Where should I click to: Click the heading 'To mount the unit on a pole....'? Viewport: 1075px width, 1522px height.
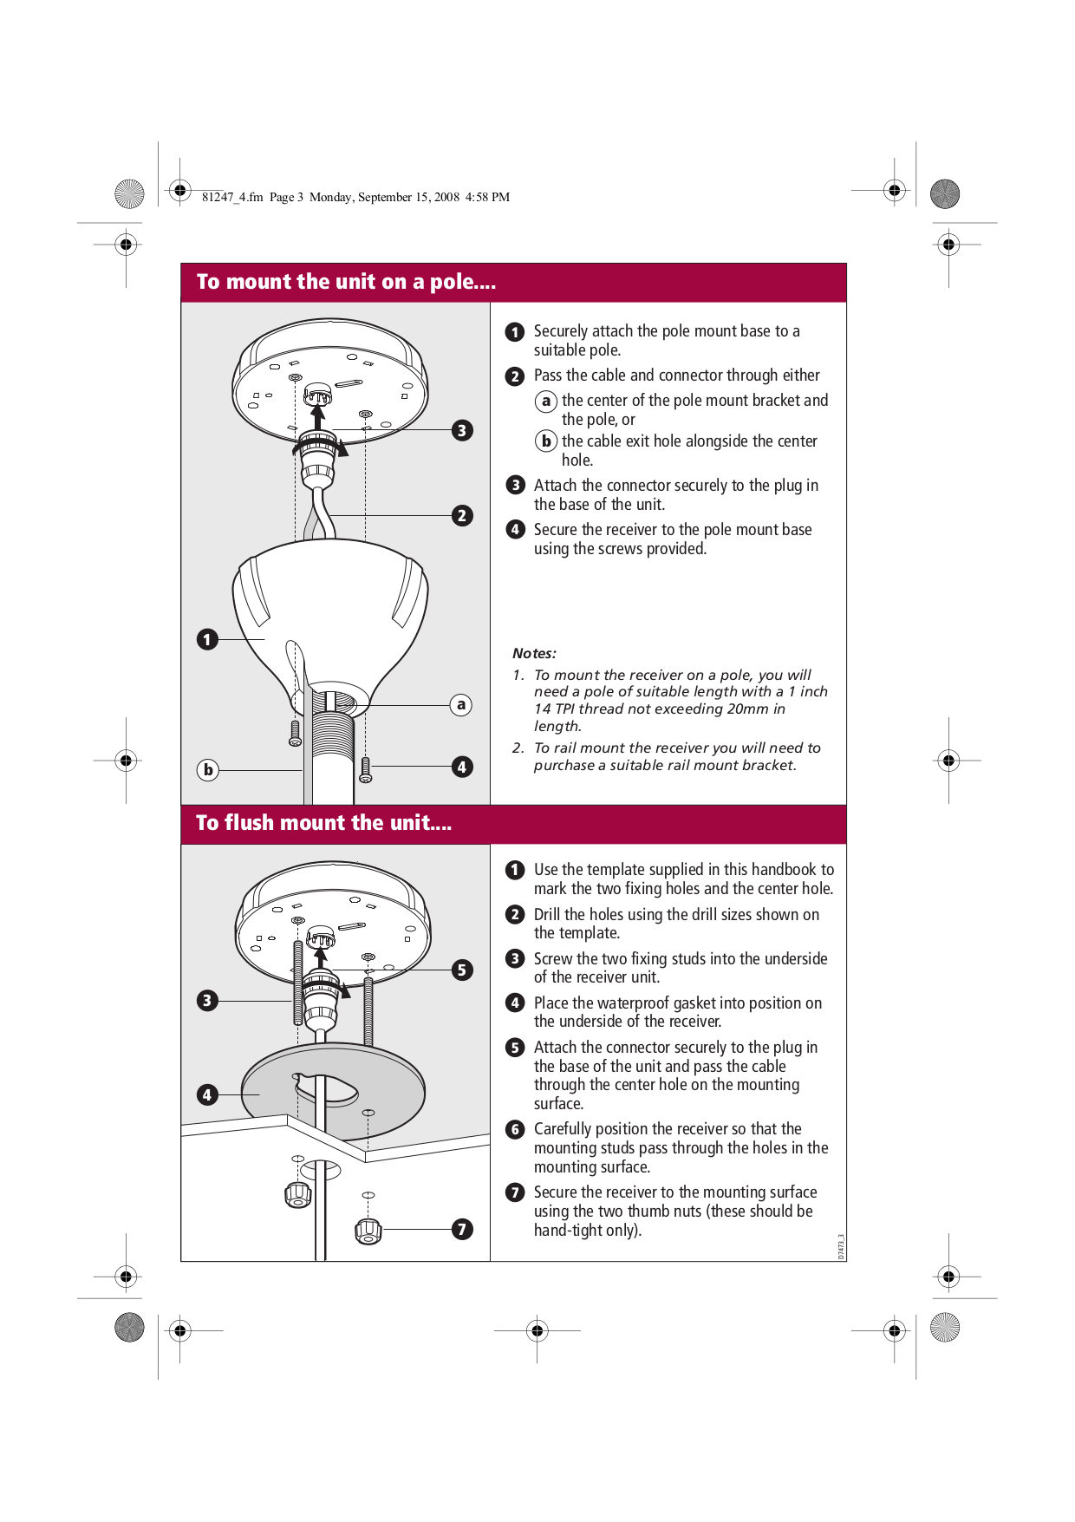click(x=346, y=282)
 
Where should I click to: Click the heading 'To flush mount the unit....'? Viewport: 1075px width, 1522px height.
click(x=323, y=823)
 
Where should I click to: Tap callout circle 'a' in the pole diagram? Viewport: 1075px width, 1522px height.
click(x=461, y=705)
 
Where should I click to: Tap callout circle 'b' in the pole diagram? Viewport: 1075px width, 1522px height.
click(x=208, y=769)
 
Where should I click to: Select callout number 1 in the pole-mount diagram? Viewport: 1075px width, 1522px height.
click(x=207, y=639)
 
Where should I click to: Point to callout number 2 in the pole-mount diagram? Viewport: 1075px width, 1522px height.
click(x=462, y=515)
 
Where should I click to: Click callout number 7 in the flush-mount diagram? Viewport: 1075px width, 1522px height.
click(x=462, y=1229)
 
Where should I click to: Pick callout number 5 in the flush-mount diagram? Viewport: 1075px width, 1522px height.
click(x=462, y=970)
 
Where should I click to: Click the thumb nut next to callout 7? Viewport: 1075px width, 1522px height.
click(x=368, y=1230)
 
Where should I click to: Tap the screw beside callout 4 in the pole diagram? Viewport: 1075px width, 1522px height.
click(x=365, y=768)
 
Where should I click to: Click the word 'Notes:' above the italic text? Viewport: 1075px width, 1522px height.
click(x=534, y=653)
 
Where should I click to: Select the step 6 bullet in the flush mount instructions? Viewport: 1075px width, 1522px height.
click(x=515, y=1129)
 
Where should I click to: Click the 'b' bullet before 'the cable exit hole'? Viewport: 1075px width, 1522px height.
click(x=545, y=441)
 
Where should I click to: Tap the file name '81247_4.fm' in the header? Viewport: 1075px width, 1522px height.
click(x=232, y=197)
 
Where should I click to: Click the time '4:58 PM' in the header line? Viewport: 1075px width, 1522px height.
click(x=487, y=197)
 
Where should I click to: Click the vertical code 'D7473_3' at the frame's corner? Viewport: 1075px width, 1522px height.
click(x=841, y=1247)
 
